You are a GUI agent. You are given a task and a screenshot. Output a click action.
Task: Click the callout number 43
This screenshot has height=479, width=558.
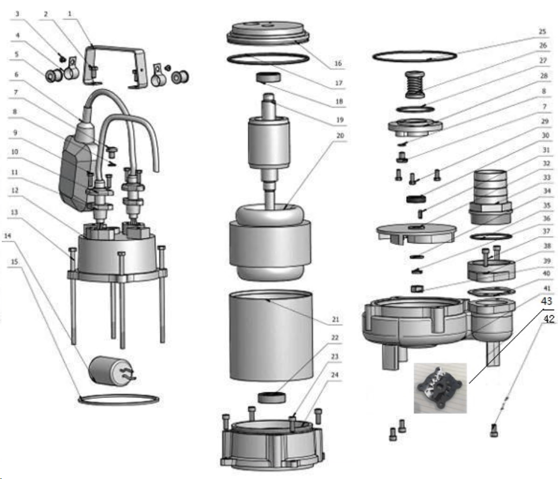[546, 301]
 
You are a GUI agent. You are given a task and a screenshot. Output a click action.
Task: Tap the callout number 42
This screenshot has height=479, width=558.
[548, 319]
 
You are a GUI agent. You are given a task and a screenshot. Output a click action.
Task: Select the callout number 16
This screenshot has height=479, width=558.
[338, 64]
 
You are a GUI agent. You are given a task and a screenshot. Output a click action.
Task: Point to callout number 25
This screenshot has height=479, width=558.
[542, 31]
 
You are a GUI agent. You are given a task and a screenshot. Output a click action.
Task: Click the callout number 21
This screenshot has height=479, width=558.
[335, 319]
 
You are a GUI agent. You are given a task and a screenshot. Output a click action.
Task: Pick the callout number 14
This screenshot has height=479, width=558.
[8, 236]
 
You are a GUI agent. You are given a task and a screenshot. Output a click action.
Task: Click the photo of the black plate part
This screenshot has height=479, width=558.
[440, 388]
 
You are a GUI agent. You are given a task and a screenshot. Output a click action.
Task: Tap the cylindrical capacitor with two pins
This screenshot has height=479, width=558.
[111, 371]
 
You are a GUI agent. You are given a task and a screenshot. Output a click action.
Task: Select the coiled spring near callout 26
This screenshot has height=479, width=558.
[415, 84]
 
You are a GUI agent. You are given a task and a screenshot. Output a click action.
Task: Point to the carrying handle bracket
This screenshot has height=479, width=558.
[115, 66]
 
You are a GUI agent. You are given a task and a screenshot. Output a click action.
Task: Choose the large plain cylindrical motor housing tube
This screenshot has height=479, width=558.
[271, 336]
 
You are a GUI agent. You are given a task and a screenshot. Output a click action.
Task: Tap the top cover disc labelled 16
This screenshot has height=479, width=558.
[268, 34]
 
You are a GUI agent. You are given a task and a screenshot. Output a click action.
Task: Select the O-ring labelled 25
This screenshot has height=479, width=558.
[415, 56]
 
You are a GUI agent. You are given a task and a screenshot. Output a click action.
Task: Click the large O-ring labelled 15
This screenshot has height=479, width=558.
[118, 400]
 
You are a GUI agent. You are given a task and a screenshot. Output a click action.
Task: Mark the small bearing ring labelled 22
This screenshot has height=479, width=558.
[272, 397]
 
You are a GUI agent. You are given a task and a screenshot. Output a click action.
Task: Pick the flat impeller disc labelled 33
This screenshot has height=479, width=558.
[416, 234]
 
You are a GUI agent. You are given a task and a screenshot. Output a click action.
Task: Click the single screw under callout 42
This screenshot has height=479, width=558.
[494, 430]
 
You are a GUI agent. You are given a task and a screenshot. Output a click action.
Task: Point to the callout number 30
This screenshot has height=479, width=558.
[545, 135]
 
